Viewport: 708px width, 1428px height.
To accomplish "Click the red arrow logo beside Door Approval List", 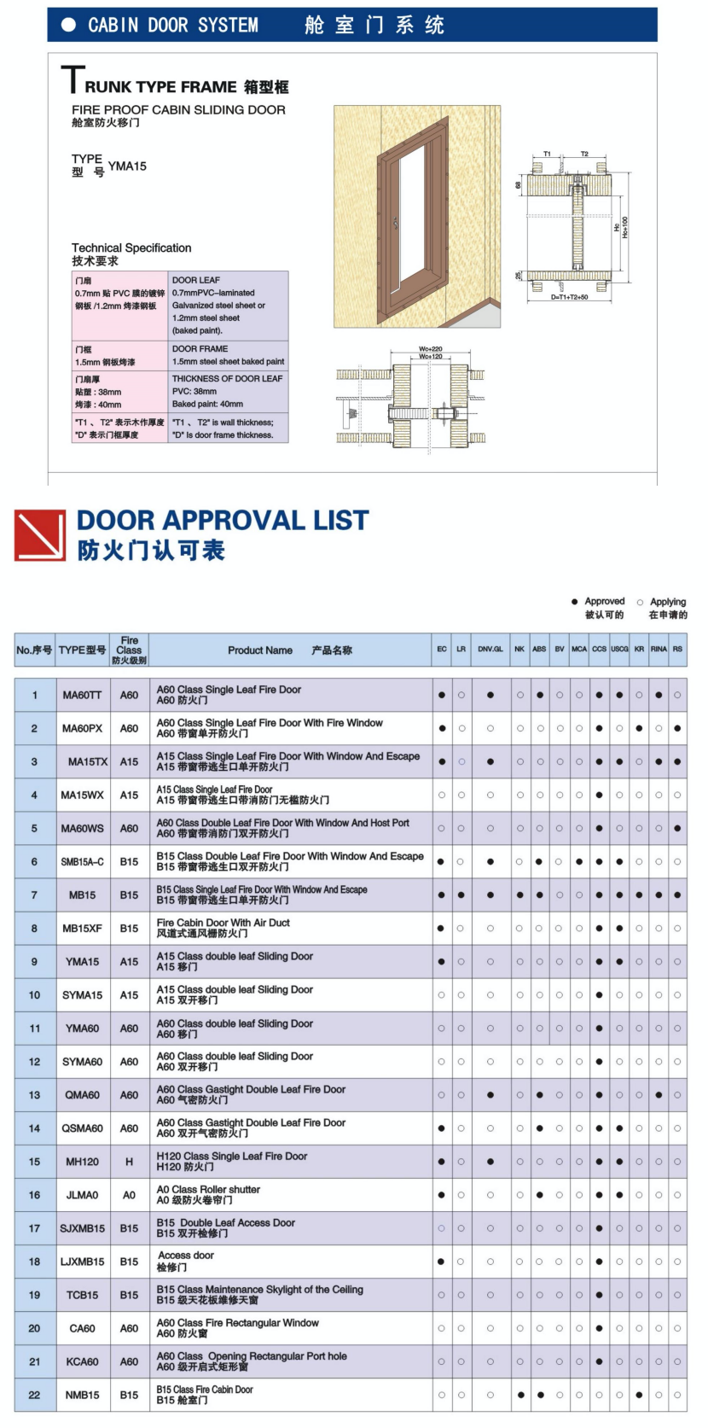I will point(40,535).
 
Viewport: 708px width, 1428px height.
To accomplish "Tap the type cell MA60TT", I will point(82,695).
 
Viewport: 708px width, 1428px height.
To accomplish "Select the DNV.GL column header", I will point(490,650).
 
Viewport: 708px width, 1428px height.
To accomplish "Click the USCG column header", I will point(619,650).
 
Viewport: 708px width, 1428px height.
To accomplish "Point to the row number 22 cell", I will point(34,1395).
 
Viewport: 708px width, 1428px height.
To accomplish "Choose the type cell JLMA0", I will point(82,1195).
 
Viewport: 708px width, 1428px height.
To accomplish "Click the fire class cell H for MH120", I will point(129,1162).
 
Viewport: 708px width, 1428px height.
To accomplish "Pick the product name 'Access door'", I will point(186,1261).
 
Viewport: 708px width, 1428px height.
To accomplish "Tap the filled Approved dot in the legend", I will point(575,602).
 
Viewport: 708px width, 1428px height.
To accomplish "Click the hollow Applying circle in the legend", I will point(640,602).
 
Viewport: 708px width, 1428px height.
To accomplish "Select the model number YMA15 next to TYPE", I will point(127,166).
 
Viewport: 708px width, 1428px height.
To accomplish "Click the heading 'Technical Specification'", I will point(131,248).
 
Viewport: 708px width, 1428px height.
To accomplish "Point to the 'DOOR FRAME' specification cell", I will point(229,355).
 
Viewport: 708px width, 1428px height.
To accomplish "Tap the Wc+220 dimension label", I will point(431,348).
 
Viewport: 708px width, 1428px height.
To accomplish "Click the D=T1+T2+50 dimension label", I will point(569,298).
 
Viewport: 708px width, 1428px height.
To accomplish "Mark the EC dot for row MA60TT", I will point(442,695).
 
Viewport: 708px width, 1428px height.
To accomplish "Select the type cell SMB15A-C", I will point(82,861).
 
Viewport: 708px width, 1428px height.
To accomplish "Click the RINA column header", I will point(659,650).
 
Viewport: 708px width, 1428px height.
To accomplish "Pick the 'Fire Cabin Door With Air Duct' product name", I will point(223,928).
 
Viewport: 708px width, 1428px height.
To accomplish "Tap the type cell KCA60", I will point(82,1361).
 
